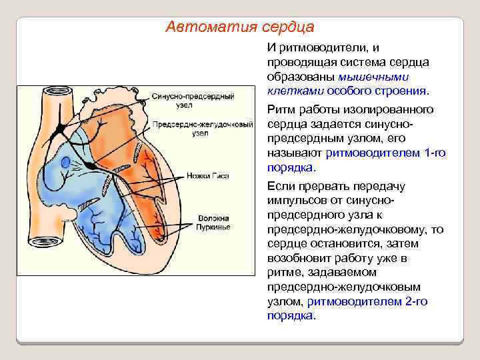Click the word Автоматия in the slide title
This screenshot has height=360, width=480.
tap(201, 27)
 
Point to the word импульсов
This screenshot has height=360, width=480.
tap(297, 201)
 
